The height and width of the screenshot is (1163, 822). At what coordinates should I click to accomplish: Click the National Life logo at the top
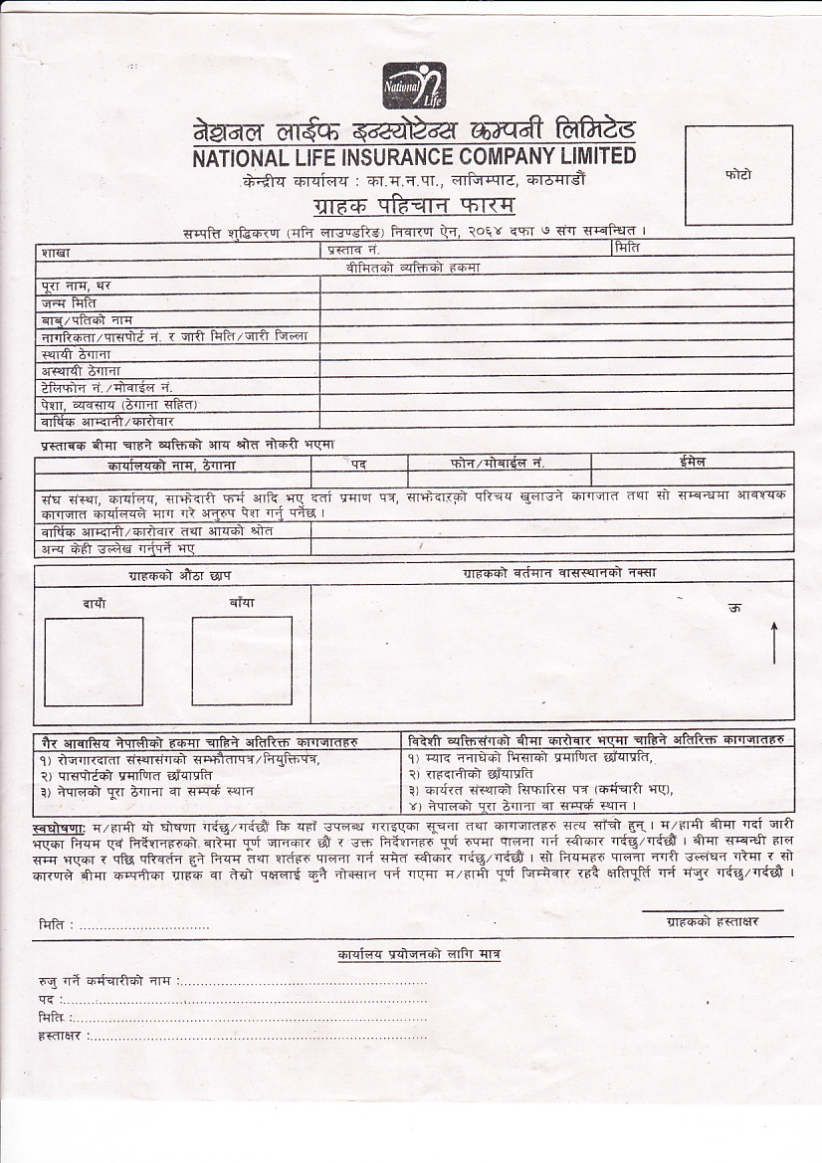pyautogui.click(x=414, y=86)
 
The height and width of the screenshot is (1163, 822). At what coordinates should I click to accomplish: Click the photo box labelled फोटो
pyautogui.click(x=738, y=175)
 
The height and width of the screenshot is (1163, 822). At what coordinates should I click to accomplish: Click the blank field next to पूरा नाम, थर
pyautogui.click(x=555, y=285)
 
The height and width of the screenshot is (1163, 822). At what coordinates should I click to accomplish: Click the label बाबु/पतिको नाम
pyautogui.click(x=88, y=319)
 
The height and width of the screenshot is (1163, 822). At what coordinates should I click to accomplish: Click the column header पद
pyautogui.click(x=358, y=464)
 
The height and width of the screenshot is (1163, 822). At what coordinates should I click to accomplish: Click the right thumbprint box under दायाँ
pyautogui.click(x=94, y=662)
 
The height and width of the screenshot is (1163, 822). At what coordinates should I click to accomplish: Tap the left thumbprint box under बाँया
pyautogui.click(x=242, y=662)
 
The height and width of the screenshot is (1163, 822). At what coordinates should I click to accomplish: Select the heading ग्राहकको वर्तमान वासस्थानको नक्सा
pyautogui.click(x=559, y=573)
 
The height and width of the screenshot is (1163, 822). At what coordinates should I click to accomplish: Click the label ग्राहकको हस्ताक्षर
pyautogui.click(x=712, y=921)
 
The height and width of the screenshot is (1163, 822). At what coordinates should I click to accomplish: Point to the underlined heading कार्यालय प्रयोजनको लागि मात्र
pyautogui.click(x=419, y=954)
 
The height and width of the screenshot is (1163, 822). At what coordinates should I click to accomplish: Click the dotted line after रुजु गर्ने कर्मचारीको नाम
pyautogui.click(x=304, y=981)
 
